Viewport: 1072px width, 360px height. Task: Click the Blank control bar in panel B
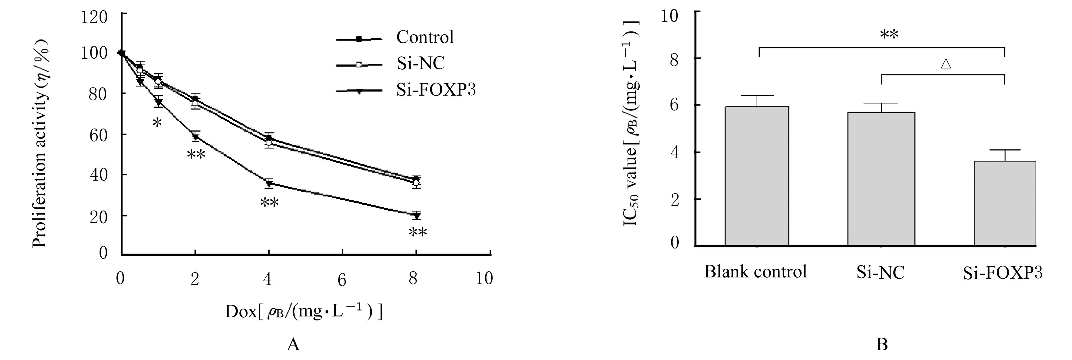coord(756,176)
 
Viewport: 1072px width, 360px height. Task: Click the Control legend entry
coord(425,38)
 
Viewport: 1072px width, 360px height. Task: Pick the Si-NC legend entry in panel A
coord(420,63)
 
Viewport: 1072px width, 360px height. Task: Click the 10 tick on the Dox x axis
coord(484,278)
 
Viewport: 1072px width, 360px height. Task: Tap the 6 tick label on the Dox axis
coord(342,280)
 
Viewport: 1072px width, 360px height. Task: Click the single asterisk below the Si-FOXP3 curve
coord(157,123)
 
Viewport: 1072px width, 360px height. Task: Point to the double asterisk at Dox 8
coord(418,233)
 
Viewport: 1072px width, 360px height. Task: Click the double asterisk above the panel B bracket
coord(889,35)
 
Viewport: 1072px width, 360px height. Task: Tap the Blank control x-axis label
coord(755,272)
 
